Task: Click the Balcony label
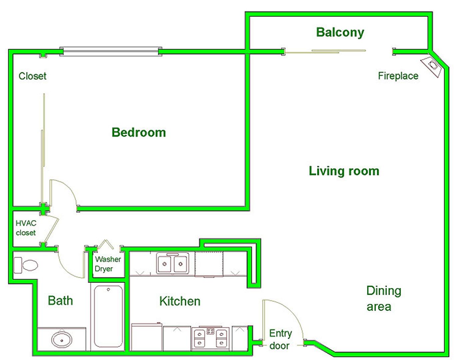tap(340, 32)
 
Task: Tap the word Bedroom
tap(139, 132)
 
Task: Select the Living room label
tap(344, 171)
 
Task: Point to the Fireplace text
tap(398, 76)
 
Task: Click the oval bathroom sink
tap(62, 340)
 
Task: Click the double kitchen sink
tap(173, 263)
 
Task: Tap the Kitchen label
tap(180, 301)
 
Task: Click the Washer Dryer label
tap(108, 264)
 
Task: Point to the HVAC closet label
tap(26, 228)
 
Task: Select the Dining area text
tap(384, 298)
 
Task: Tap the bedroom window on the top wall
tap(111, 51)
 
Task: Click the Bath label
tap(61, 300)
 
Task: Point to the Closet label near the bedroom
tap(32, 76)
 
